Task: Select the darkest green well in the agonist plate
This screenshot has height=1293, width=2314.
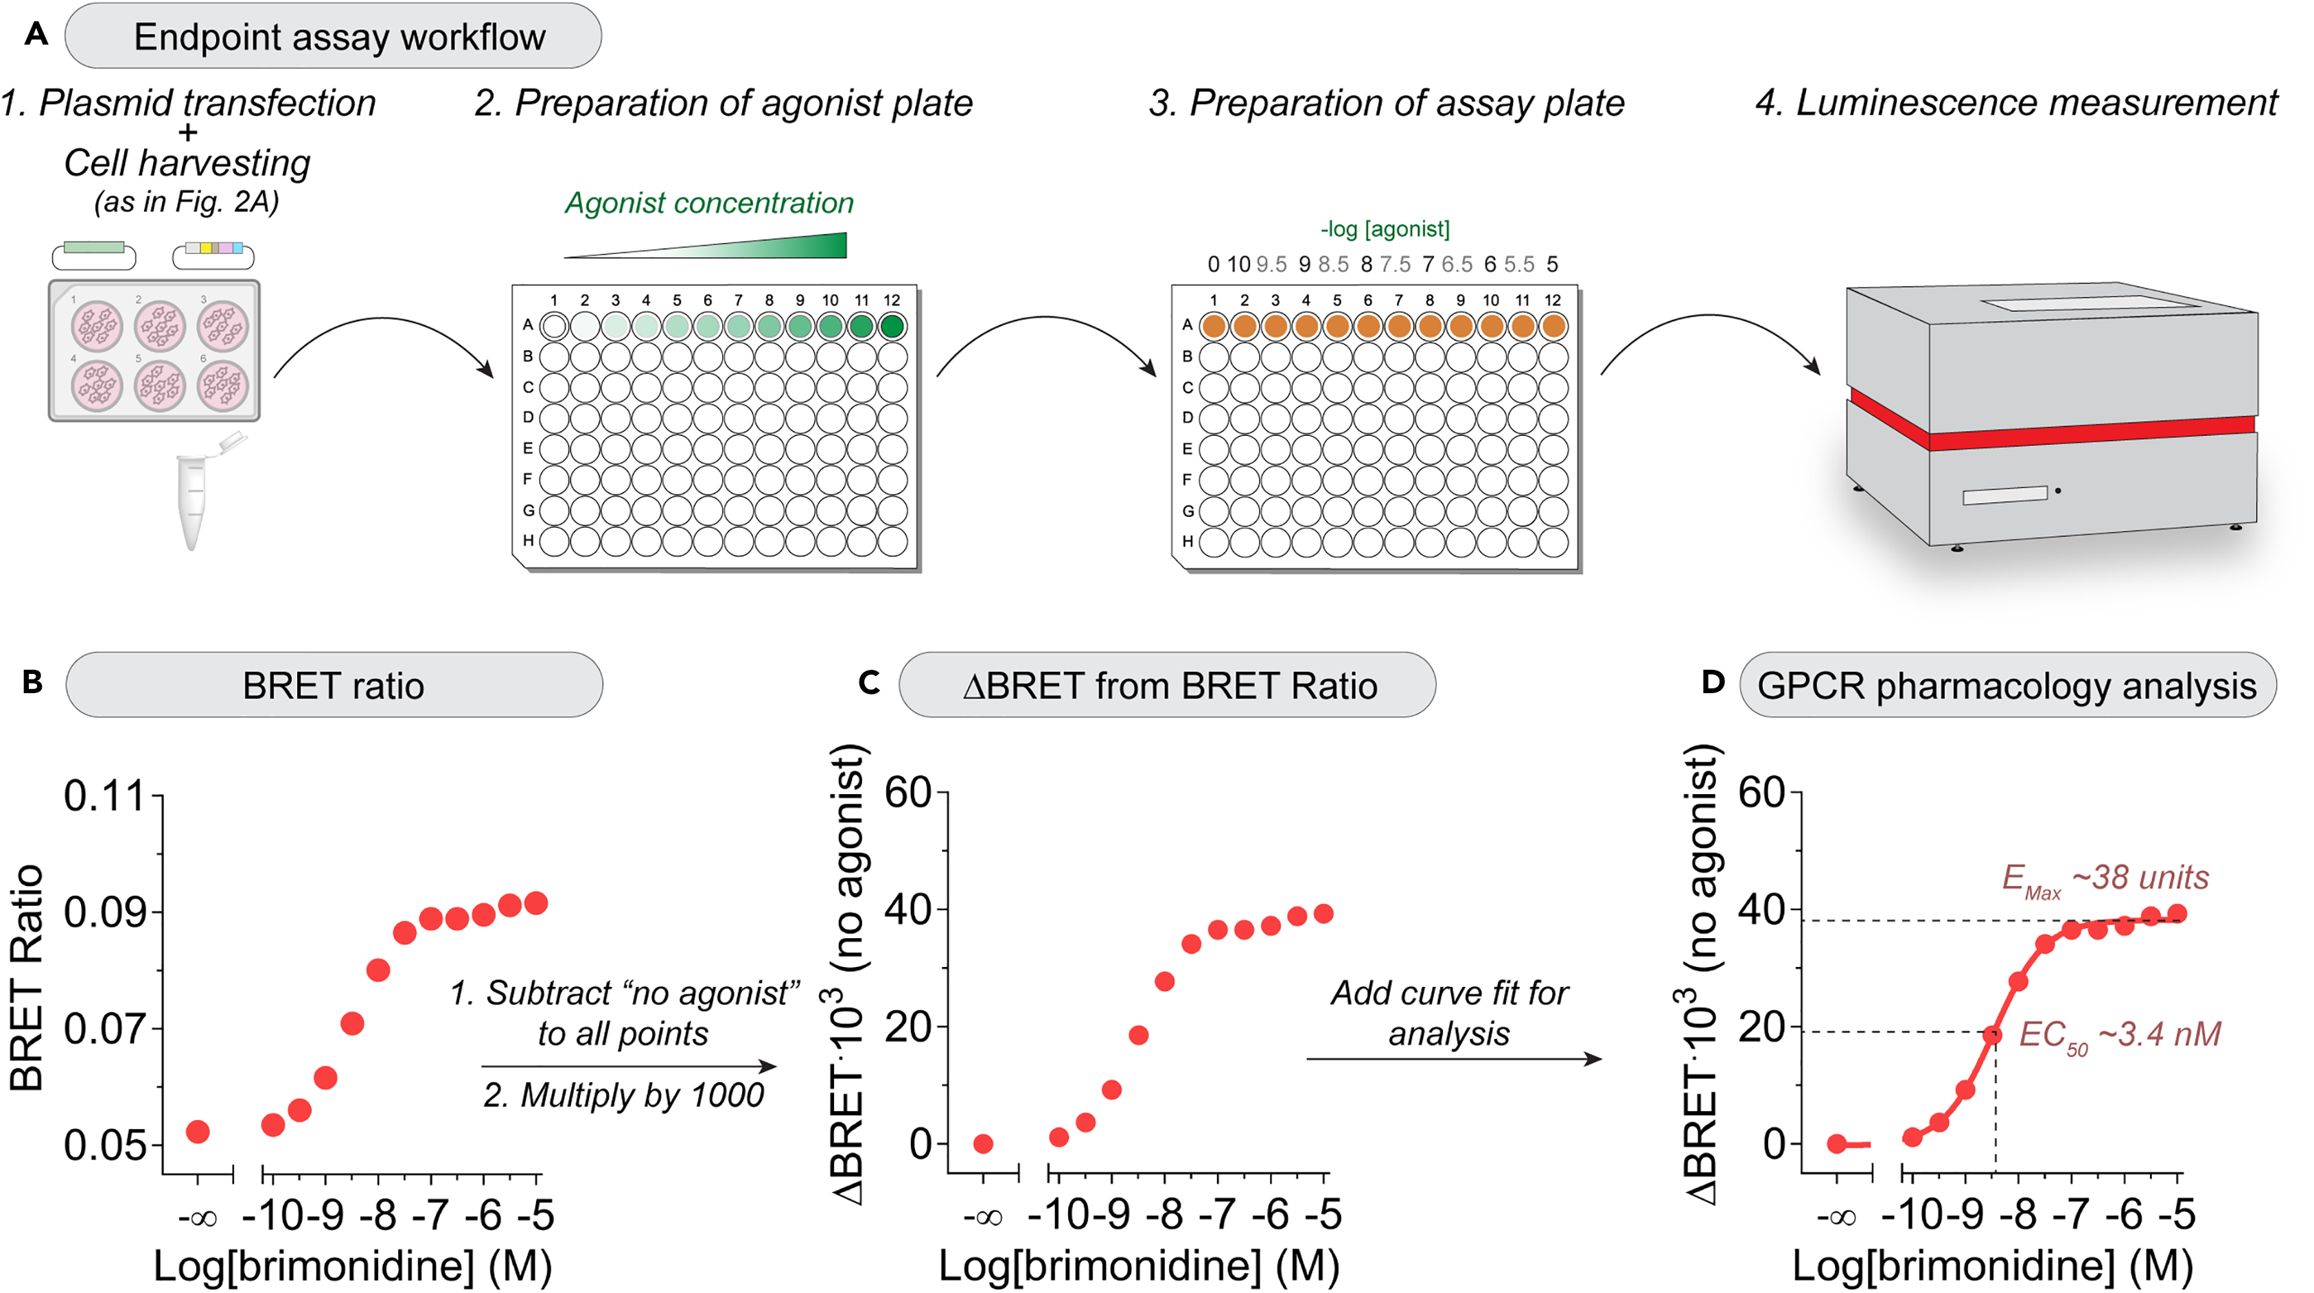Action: pyautogui.click(x=892, y=326)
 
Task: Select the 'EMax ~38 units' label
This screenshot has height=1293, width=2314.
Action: pyautogui.click(x=2105, y=878)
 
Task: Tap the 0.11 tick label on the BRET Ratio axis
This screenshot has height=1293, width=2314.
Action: pyautogui.click(x=104, y=796)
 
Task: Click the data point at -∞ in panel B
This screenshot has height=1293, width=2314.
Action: pyautogui.click(x=198, y=1131)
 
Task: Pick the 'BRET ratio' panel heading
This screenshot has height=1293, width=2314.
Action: pyautogui.click(x=332, y=686)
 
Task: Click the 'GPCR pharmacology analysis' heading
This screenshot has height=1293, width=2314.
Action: pyautogui.click(x=2006, y=686)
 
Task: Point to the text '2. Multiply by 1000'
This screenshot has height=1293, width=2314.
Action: pyautogui.click(x=623, y=1095)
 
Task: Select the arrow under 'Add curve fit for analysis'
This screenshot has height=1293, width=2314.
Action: pyautogui.click(x=1453, y=1060)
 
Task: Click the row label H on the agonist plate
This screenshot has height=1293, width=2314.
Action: pyautogui.click(x=528, y=541)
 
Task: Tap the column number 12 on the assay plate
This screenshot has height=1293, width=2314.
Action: pyautogui.click(x=1552, y=300)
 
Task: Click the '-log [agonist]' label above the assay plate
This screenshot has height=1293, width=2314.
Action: pyautogui.click(x=1385, y=229)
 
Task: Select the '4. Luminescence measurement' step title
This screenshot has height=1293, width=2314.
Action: pyautogui.click(x=2016, y=102)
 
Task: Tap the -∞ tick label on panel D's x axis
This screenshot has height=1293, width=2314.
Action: pyautogui.click(x=1836, y=1218)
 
